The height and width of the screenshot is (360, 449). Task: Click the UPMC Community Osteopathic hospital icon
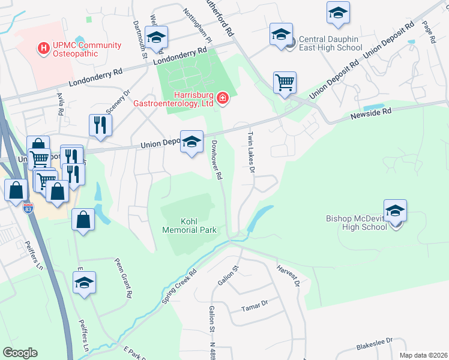[43, 47]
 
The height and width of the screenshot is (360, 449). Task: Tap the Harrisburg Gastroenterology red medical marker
[222, 97]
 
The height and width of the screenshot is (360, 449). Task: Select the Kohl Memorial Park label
[189, 225]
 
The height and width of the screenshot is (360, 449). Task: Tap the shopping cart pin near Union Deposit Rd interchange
[285, 83]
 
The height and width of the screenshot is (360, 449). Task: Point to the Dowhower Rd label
[217, 160]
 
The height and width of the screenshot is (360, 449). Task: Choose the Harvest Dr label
[288, 277]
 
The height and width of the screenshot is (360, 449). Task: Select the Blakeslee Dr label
[373, 344]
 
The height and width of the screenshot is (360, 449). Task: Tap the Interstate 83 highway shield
[28, 207]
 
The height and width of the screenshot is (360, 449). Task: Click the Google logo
[19, 352]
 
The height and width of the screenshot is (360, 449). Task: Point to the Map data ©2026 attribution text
[423, 355]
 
